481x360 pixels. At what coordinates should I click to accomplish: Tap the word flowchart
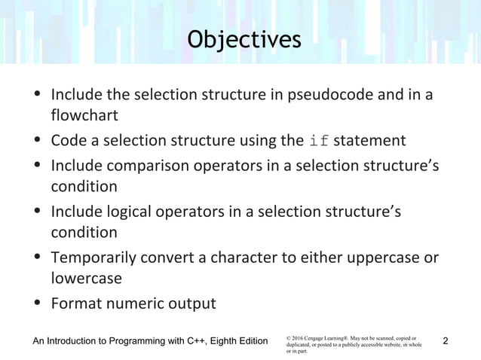coord(82,117)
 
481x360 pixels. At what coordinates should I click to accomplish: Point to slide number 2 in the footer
coord(447,343)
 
